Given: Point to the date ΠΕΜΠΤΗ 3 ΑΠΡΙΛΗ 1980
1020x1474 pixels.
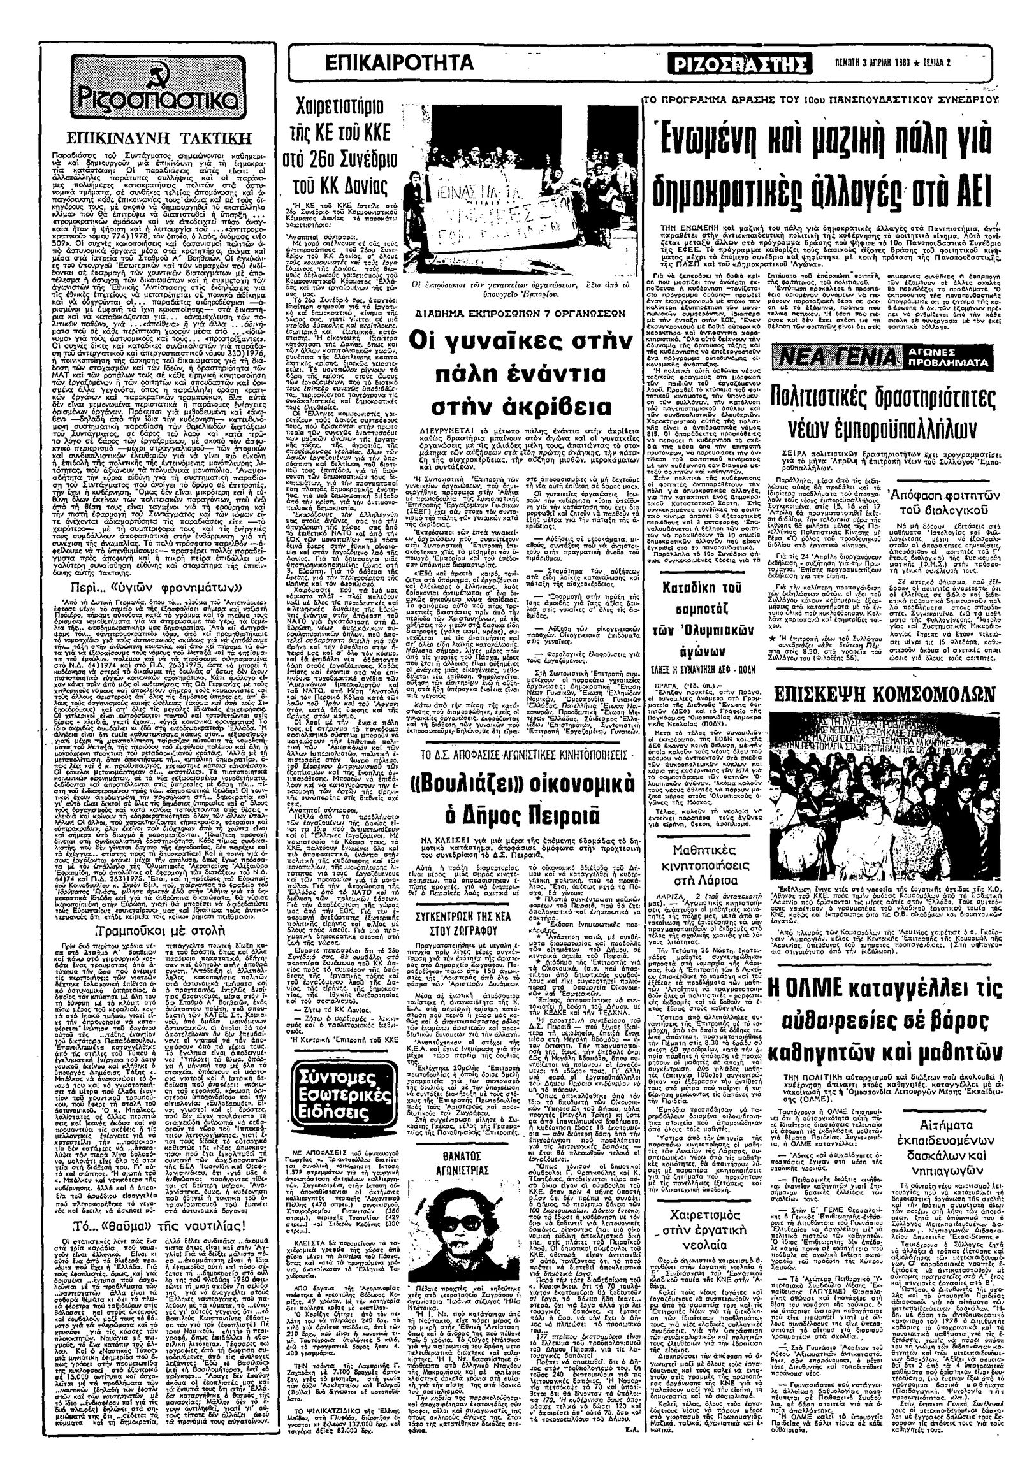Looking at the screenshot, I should [x=881, y=63].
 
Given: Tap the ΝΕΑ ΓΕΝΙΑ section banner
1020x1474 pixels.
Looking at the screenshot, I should [x=836, y=356].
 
